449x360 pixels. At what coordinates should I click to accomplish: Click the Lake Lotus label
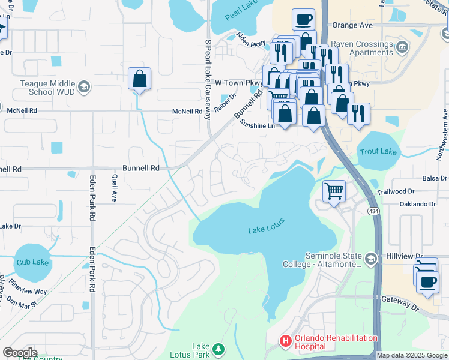[x=266, y=230]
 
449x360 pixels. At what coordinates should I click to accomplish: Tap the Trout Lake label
[x=378, y=151]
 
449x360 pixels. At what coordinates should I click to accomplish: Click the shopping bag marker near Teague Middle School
[x=139, y=79]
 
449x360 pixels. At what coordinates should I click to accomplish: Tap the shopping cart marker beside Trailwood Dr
[x=334, y=192]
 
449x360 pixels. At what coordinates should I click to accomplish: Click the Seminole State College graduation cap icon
[x=371, y=259]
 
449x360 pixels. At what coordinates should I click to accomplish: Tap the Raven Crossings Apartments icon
[x=402, y=46]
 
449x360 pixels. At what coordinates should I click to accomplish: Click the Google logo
[x=20, y=353]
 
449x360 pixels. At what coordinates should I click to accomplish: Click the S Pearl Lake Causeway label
[x=208, y=76]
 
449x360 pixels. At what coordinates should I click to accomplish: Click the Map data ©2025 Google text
[x=411, y=355]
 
